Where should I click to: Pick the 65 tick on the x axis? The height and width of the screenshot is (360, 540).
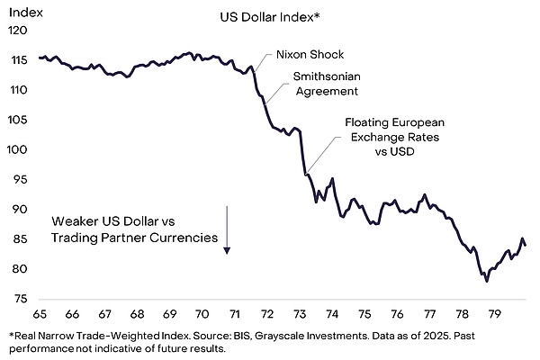tap(40, 314)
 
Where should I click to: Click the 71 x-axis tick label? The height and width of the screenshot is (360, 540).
tap(234, 314)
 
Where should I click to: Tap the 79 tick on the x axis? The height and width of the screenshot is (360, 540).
tap(493, 314)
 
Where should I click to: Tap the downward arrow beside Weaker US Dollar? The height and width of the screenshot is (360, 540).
tap(228, 229)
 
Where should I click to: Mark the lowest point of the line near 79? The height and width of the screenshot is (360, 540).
tap(487, 282)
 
